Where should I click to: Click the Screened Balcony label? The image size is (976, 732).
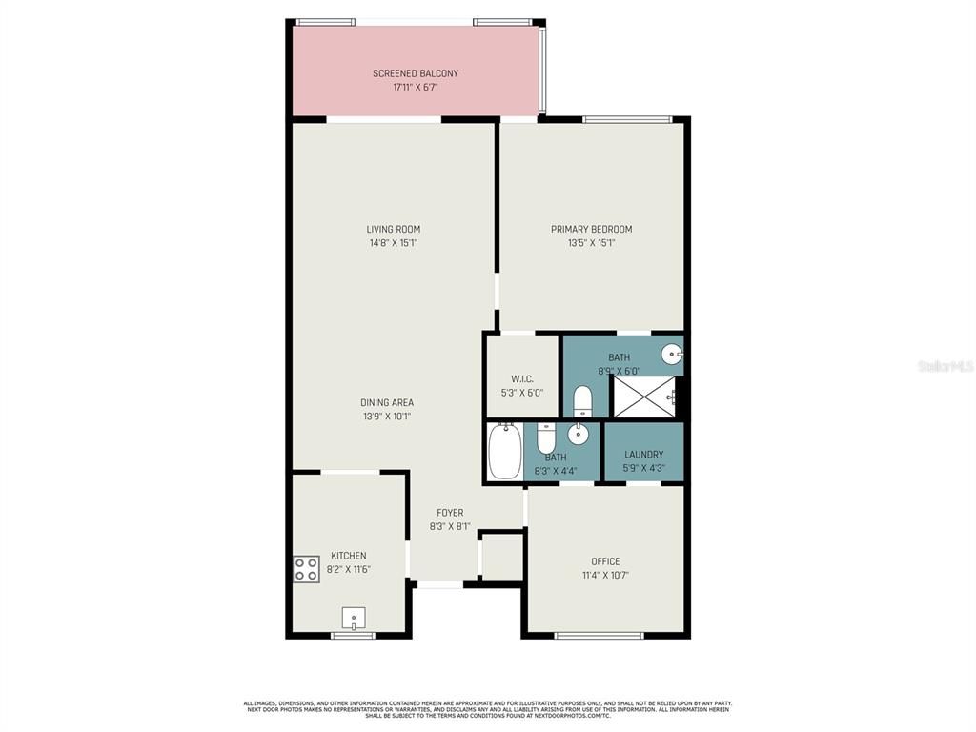pyautogui.click(x=415, y=73)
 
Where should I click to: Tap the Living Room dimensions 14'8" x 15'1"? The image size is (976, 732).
pyautogui.click(x=393, y=243)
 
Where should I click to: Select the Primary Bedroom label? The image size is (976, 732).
pyautogui.click(x=591, y=229)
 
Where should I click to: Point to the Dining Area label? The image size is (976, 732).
pyautogui.click(x=387, y=402)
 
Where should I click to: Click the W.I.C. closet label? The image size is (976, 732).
pyautogui.click(x=521, y=378)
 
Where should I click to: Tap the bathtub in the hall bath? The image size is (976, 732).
pyautogui.click(x=504, y=452)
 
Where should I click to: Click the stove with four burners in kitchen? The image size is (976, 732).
pyautogui.click(x=306, y=569)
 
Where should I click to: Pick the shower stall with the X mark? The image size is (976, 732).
pyautogui.click(x=643, y=396)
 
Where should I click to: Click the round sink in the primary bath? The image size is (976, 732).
pyautogui.click(x=673, y=356)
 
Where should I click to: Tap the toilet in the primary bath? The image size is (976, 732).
pyautogui.click(x=583, y=400)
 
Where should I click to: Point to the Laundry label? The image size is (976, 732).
pyautogui.click(x=643, y=455)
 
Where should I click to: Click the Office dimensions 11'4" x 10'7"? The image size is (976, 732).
pyautogui.click(x=605, y=575)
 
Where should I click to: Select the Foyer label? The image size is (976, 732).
pyautogui.click(x=450, y=513)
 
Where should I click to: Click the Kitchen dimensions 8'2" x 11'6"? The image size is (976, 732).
pyautogui.click(x=348, y=569)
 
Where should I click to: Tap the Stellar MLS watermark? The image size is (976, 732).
pyautogui.click(x=945, y=365)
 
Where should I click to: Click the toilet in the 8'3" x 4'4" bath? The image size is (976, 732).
pyautogui.click(x=546, y=437)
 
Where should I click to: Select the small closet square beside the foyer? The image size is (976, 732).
pyautogui.click(x=501, y=556)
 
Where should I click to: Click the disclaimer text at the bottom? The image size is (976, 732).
pyautogui.click(x=487, y=709)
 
